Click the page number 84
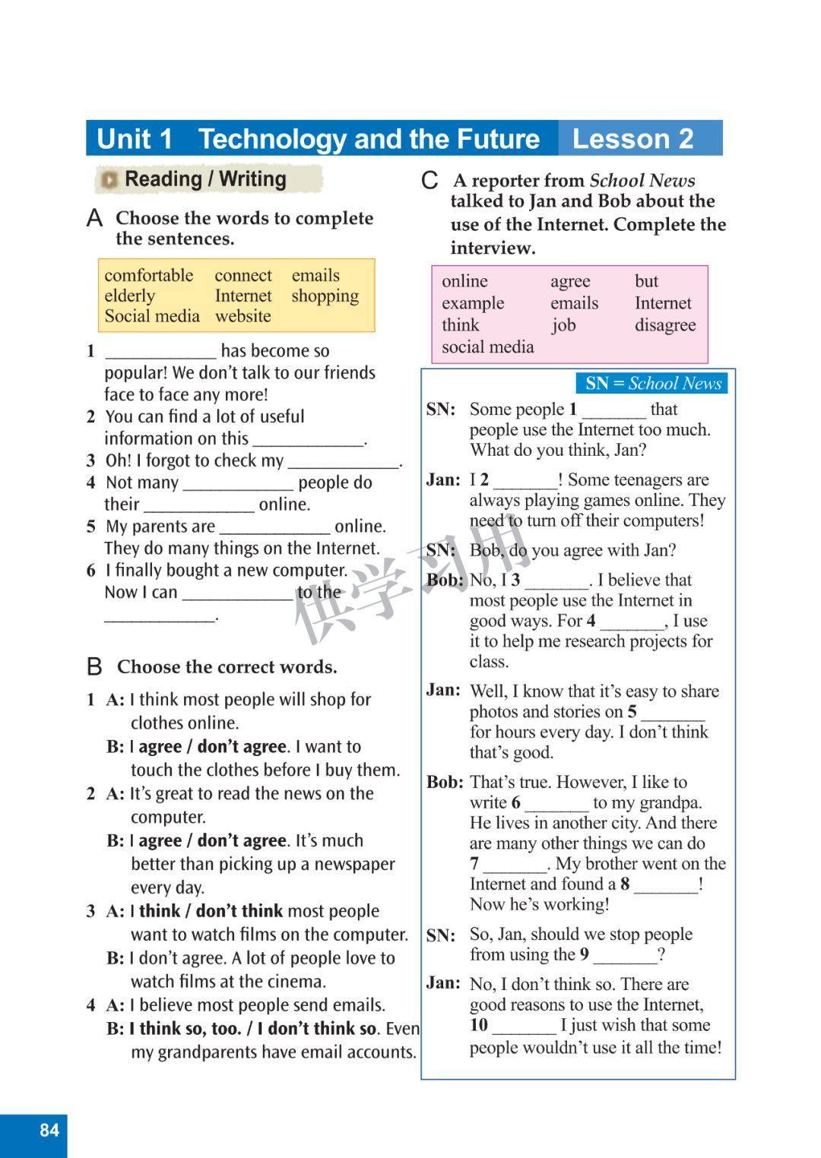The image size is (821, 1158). (49, 1130)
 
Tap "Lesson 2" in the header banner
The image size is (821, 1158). (632, 139)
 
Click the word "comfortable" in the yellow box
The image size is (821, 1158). (149, 275)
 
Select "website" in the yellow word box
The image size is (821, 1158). (242, 316)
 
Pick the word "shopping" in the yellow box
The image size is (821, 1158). (325, 296)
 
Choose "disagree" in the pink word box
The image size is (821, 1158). (665, 325)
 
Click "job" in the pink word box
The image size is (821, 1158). (563, 325)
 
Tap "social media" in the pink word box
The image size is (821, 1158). (488, 347)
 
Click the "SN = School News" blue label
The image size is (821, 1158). (652, 384)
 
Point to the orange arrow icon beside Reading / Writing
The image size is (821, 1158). (110, 180)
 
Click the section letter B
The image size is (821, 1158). (94, 667)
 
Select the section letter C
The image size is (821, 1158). (430, 181)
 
